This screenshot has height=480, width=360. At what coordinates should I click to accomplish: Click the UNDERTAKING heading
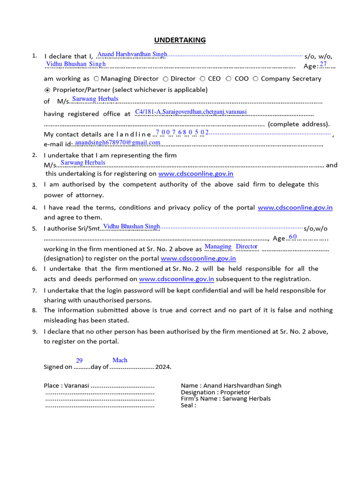click(x=180, y=40)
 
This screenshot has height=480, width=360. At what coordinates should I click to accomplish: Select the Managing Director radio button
click(x=96, y=79)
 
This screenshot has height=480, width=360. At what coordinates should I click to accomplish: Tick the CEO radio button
click(x=202, y=79)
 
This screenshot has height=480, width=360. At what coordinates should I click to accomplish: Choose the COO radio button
click(x=229, y=79)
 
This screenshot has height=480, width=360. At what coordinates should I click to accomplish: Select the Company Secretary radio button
click(x=255, y=79)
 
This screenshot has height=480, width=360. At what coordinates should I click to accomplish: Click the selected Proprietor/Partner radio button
click(x=47, y=90)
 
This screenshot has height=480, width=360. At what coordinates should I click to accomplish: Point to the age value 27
click(x=323, y=64)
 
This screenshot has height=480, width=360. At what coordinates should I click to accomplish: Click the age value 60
click(x=293, y=237)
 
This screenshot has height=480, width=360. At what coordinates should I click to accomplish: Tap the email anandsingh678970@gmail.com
click(x=118, y=142)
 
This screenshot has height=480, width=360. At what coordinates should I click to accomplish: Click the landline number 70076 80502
click(x=182, y=133)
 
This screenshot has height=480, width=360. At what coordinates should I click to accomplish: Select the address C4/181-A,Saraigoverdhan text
click(x=191, y=112)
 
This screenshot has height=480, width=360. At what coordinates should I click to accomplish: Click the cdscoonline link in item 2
click(x=195, y=174)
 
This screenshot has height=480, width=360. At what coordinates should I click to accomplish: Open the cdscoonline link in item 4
click(x=295, y=207)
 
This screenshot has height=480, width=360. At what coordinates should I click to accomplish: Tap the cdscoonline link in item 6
click(x=176, y=279)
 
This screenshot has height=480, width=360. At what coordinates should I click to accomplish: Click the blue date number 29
click(x=79, y=360)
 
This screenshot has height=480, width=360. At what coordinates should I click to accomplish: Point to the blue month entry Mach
click(x=120, y=360)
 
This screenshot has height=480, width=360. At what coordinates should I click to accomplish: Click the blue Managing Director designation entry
click(x=231, y=247)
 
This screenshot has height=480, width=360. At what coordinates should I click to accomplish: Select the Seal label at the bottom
click(x=188, y=405)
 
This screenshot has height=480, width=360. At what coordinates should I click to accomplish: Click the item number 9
click(x=35, y=331)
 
